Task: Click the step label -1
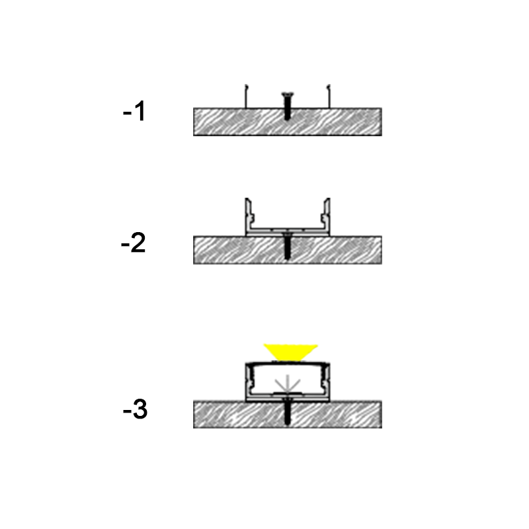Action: tap(134, 110)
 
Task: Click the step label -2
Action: tap(134, 242)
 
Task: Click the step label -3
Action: tap(135, 409)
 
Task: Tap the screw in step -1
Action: tap(287, 106)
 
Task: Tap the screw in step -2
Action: tap(287, 245)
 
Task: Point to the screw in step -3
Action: tap(287, 411)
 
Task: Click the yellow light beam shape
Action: tap(290, 352)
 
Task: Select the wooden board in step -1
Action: tap(288, 122)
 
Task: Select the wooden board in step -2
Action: tap(288, 250)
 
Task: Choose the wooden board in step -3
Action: tap(288, 415)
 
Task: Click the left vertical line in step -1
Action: tap(246, 96)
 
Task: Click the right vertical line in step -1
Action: tap(329, 96)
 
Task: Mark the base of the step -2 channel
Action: tap(288, 232)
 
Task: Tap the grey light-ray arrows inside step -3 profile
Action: tap(288, 384)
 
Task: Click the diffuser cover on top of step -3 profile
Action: tap(288, 363)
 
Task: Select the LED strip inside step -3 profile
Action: tap(288, 393)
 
